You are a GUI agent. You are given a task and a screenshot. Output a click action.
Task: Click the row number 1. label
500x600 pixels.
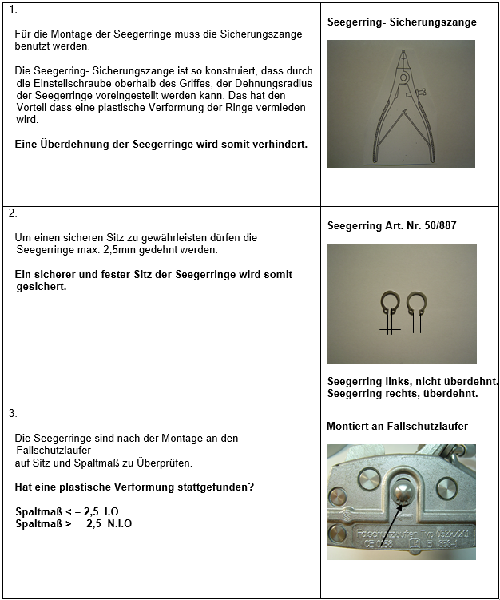coord(11,10)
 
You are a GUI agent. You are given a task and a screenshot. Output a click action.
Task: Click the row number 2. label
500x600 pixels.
coord(12,213)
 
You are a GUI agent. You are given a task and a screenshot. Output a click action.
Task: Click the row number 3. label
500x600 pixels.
coord(12,413)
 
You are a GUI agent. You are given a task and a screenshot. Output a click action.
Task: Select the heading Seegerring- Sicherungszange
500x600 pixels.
coord(402,22)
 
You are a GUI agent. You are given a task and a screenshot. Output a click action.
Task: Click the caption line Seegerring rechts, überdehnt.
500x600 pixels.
coord(403,393)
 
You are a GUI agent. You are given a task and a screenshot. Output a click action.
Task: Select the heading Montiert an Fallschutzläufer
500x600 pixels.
coord(397,426)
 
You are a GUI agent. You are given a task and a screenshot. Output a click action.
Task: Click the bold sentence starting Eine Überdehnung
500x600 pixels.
coord(161,144)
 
